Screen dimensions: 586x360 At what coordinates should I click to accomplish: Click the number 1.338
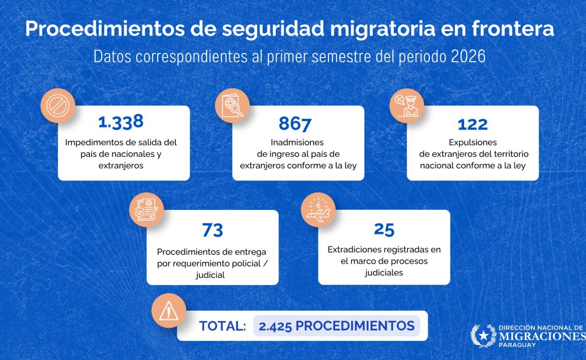(121, 122)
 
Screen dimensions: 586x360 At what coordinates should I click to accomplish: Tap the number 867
(295, 124)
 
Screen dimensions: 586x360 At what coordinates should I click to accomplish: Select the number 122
(473, 124)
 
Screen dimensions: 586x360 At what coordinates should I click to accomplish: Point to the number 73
(212, 230)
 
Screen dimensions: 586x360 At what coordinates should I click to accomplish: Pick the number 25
(384, 229)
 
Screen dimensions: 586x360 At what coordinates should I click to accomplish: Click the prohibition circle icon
(58, 105)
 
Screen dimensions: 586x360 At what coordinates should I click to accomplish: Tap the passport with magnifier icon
(232, 105)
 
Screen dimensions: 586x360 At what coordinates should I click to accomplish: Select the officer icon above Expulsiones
(407, 105)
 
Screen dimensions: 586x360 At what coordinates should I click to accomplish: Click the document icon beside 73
(146, 210)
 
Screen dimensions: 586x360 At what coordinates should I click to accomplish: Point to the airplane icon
(318, 210)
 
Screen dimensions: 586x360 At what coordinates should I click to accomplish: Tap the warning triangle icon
(169, 311)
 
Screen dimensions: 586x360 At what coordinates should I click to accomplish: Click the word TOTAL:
(223, 326)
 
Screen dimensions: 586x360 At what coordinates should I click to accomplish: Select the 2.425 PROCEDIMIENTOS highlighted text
(337, 326)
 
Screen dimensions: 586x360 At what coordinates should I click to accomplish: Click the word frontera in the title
(513, 29)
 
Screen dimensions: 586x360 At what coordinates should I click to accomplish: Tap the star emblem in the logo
(483, 336)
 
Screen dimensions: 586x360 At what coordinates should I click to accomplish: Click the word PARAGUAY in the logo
(517, 345)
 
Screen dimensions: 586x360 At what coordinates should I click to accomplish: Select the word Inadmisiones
(297, 142)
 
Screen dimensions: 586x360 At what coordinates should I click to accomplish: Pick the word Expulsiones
(473, 142)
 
